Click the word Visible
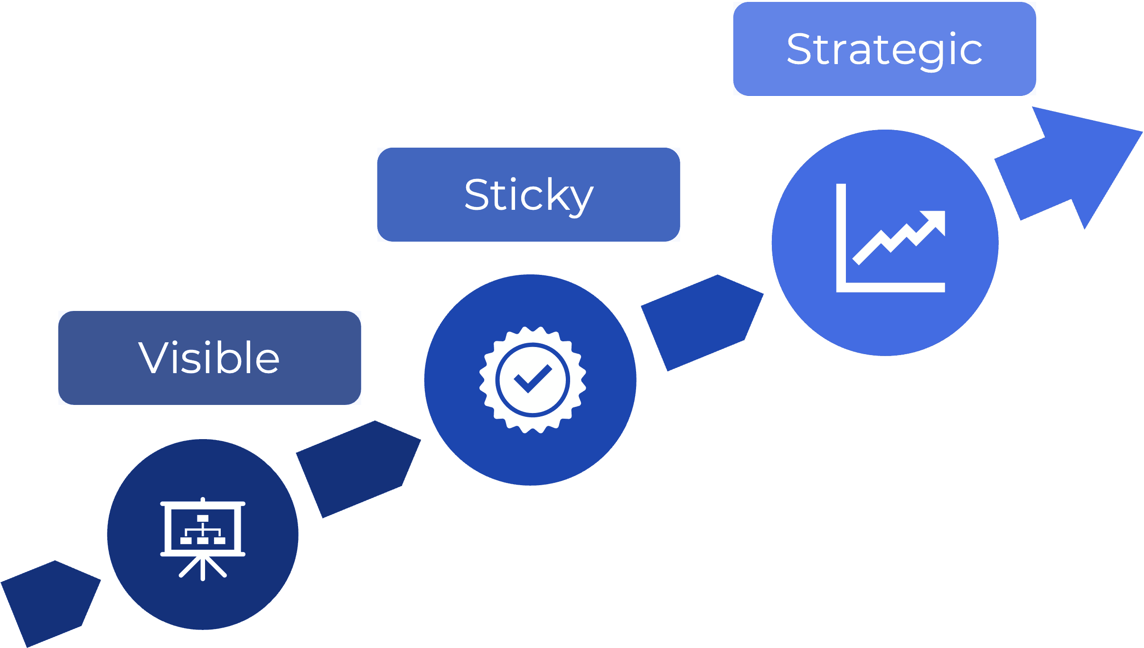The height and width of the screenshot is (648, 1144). point(209,357)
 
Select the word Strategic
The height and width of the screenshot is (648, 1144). point(884,49)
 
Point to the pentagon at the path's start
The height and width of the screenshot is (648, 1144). point(50,603)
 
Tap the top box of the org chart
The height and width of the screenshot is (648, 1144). point(203,518)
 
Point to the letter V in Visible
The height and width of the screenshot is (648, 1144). point(153,357)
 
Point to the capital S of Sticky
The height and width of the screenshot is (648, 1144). point(478,195)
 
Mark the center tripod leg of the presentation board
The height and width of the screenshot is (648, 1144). point(203,568)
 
